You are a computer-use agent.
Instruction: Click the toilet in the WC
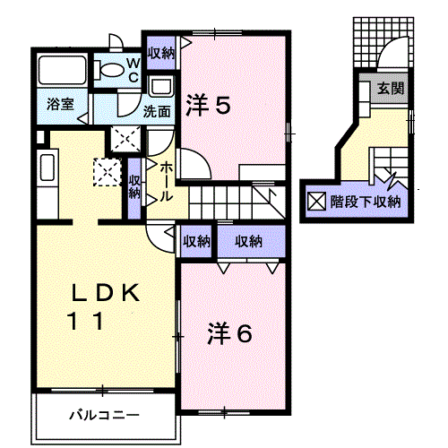pyautogui.click(x=109, y=70)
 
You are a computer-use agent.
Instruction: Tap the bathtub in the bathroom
pyautogui.click(x=62, y=70)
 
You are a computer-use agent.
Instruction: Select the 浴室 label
pyautogui.click(x=60, y=105)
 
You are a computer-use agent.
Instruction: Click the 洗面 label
pyautogui.click(x=157, y=112)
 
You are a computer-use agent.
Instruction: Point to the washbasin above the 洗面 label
pyautogui.click(x=161, y=86)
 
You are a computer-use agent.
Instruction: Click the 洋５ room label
pyautogui.click(x=208, y=105)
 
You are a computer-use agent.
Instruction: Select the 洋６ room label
pyautogui.click(x=229, y=333)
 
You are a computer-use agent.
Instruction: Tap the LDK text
pyautogui.click(x=106, y=292)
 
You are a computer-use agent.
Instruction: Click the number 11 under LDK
pyautogui.click(x=87, y=321)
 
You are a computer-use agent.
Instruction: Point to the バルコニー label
pyautogui.click(x=104, y=415)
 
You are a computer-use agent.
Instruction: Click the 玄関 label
pyautogui.click(x=391, y=89)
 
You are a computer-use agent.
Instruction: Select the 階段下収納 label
pyautogui.click(x=366, y=202)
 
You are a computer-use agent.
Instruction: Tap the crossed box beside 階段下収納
pyautogui.click(x=316, y=202)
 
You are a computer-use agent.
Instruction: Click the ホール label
pyautogui.click(x=166, y=183)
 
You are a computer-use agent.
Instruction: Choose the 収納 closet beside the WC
pyautogui.click(x=161, y=53)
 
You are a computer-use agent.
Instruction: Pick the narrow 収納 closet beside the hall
pyautogui.click(x=134, y=189)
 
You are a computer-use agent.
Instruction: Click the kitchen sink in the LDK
pyautogui.click(x=47, y=168)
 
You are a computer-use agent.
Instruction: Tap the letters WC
pyautogui.click(x=134, y=70)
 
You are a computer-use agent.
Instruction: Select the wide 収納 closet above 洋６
pyautogui.click(x=251, y=241)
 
